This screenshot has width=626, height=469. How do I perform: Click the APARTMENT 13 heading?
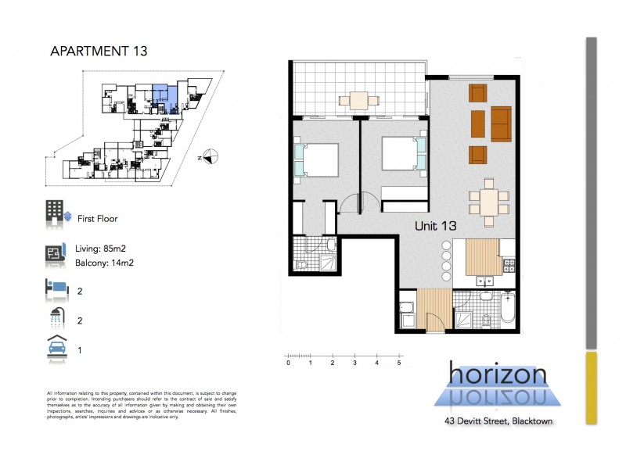tap(98, 52)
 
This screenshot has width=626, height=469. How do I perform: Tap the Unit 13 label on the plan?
tap(435, 225)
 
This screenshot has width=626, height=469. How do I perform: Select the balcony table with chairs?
tap(359, 100)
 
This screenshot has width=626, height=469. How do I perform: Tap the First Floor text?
tap(97, 219)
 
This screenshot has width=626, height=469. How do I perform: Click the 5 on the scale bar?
tap(399, 363)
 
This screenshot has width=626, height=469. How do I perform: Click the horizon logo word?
tap(498, 374)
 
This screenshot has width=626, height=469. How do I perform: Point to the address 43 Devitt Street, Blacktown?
tap(498, 421)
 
